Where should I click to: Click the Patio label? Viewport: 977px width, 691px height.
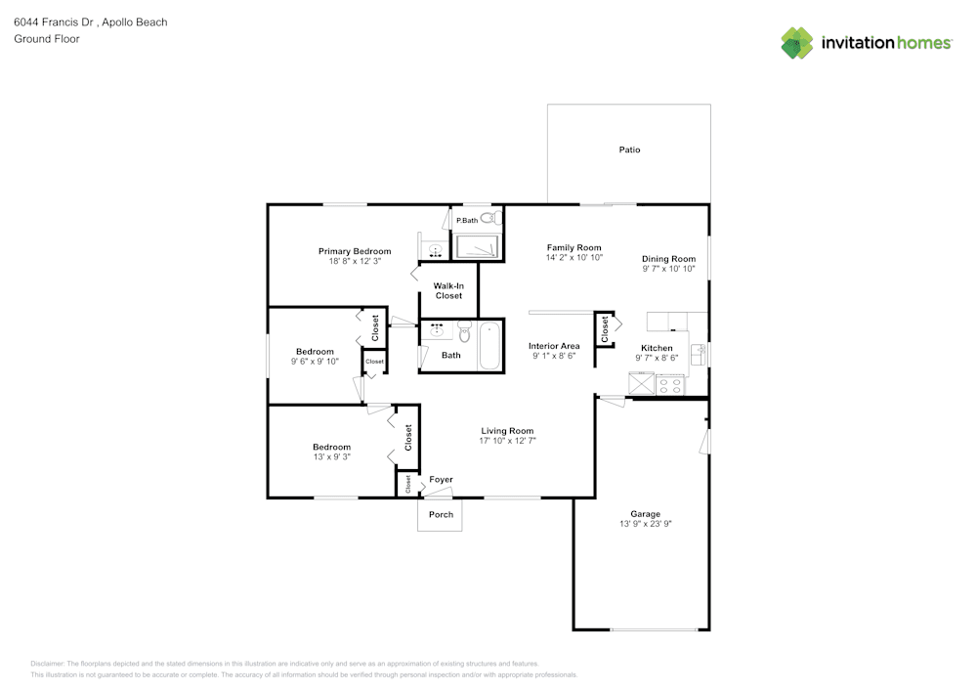tap(629, 150)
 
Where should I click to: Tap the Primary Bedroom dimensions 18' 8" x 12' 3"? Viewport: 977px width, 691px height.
tap(355, 262)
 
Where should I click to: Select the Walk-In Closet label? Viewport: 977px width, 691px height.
tap(448, 290)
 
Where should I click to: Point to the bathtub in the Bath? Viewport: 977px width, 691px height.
tap(489, 347)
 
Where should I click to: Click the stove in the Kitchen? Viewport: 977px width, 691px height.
tap(670, 385)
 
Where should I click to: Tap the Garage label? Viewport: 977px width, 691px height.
tap(645, 514)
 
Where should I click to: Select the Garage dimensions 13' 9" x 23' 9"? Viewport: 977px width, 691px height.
tap(645, 524)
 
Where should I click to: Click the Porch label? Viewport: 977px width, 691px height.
tap(441, 514)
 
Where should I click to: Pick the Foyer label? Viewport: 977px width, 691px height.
tap(441, 479)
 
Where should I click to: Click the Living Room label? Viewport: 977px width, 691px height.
tap(507, 431)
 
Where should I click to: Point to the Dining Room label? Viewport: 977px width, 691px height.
tap(668, 258)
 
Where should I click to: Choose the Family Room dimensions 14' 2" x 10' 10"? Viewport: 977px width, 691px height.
tap(573, 258)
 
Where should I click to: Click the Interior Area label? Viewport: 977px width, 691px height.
tap(554, 346)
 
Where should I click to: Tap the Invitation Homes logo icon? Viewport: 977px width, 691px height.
tap(797, 42)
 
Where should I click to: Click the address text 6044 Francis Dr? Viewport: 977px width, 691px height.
tap(54, 22)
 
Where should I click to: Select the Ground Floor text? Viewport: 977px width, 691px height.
tap(46, 39)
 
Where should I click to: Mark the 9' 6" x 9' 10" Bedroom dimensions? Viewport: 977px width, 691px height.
tap(315, 362)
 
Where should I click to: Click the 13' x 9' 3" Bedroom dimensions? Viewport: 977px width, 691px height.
tap(331, 456)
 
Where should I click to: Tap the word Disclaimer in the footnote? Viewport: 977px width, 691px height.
tap(48, 663)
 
